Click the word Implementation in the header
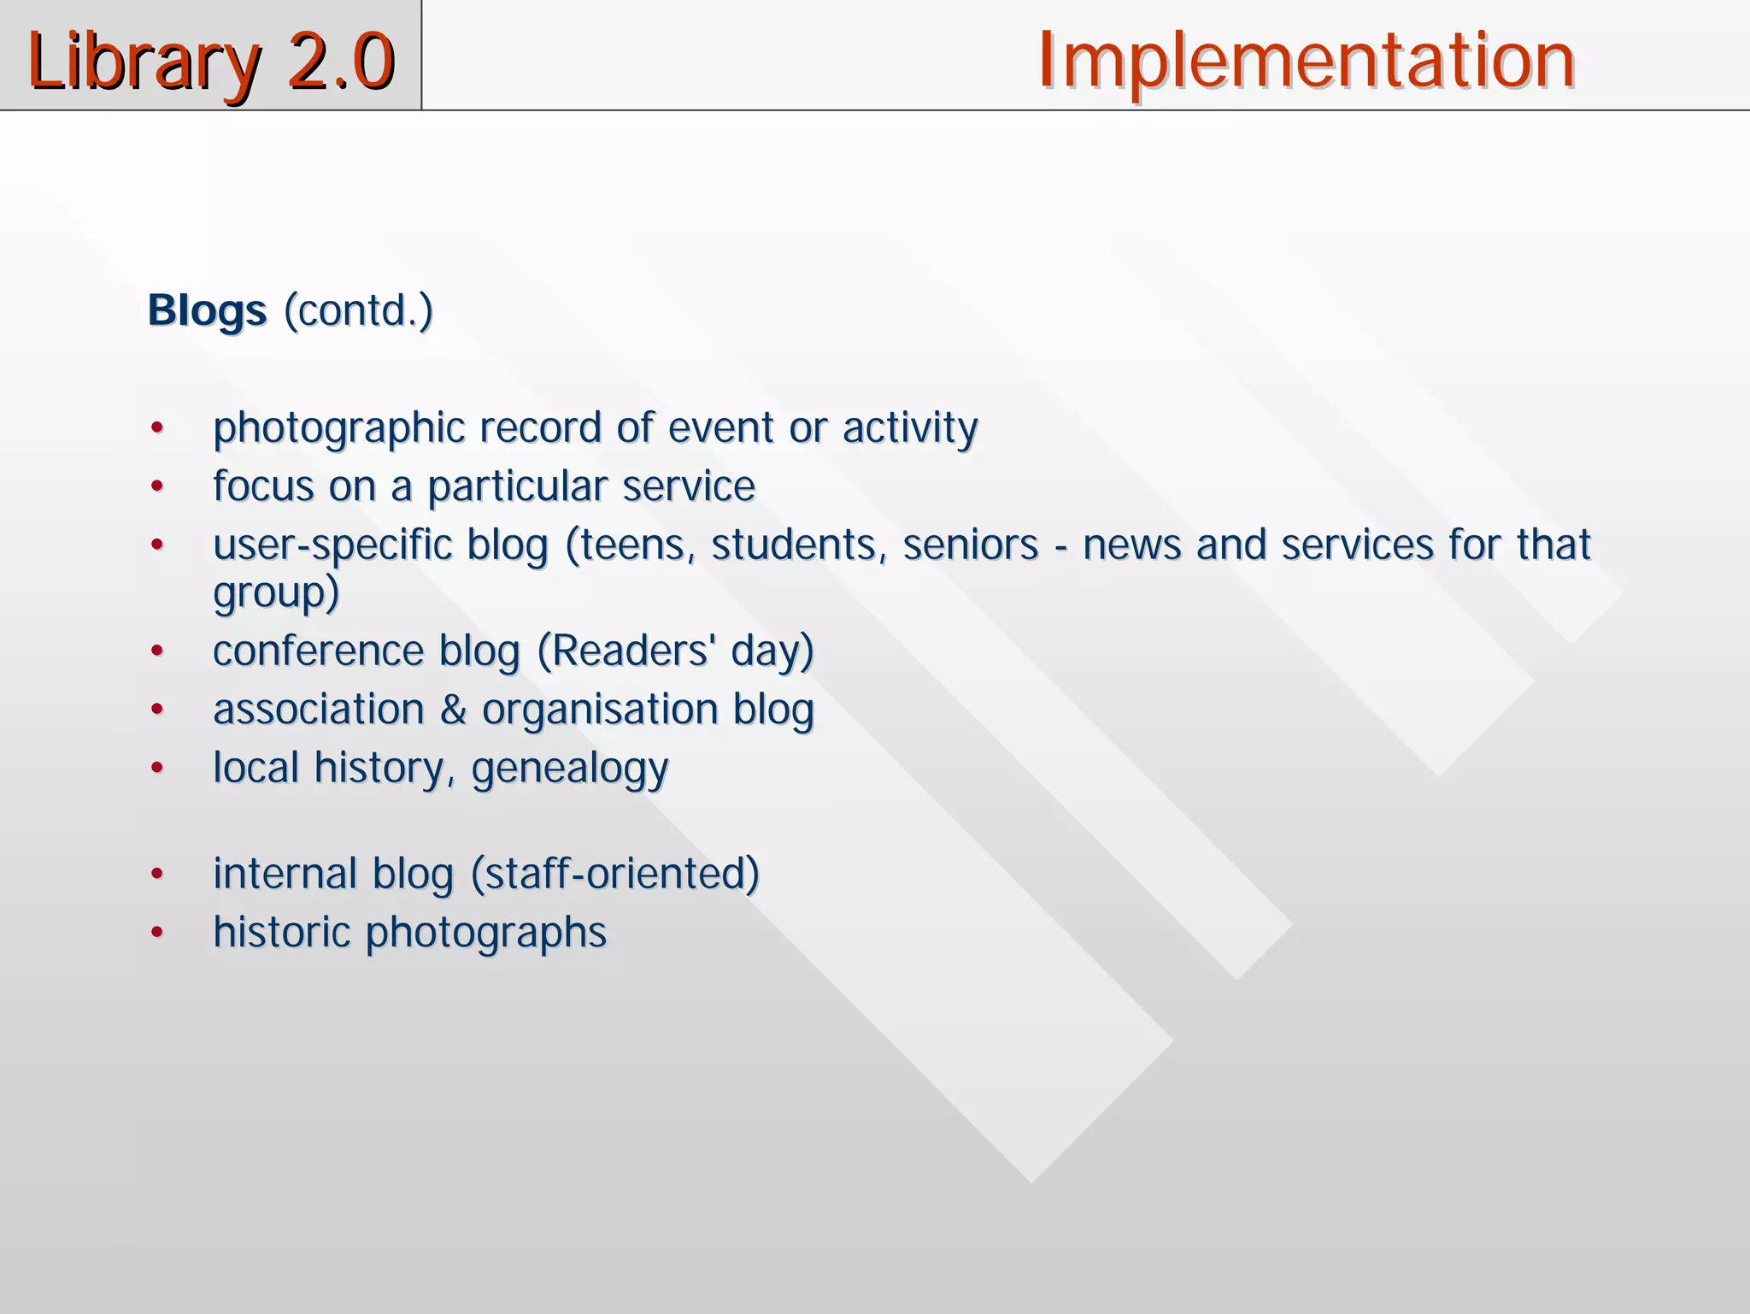1306,60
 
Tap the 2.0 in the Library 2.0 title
341,62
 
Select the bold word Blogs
207,311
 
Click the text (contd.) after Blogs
358,311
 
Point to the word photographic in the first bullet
338,428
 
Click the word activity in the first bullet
909,428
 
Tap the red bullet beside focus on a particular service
156,486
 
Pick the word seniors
970,545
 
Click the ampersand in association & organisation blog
453,710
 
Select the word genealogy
569,769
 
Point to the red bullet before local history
156,768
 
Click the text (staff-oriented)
614,874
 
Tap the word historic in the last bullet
281,932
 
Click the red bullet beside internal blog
156,874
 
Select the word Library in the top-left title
144,62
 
